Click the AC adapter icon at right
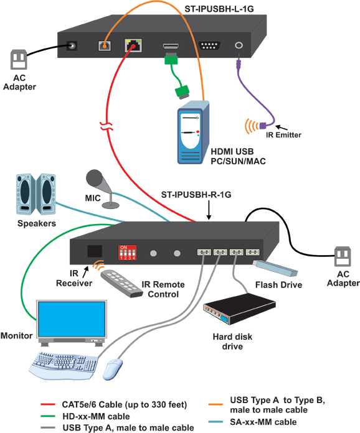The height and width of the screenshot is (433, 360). coord(344,256)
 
